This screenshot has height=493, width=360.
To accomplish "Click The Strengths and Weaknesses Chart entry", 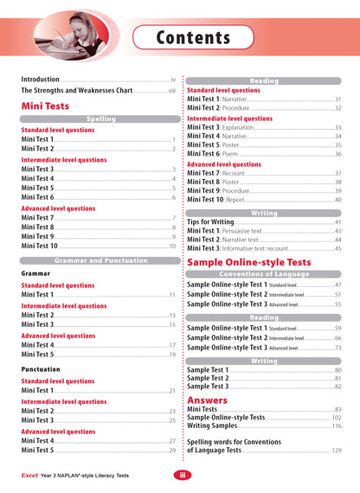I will click(x=76, y=89).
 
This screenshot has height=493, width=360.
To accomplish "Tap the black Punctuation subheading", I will click(x=46, y=368).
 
